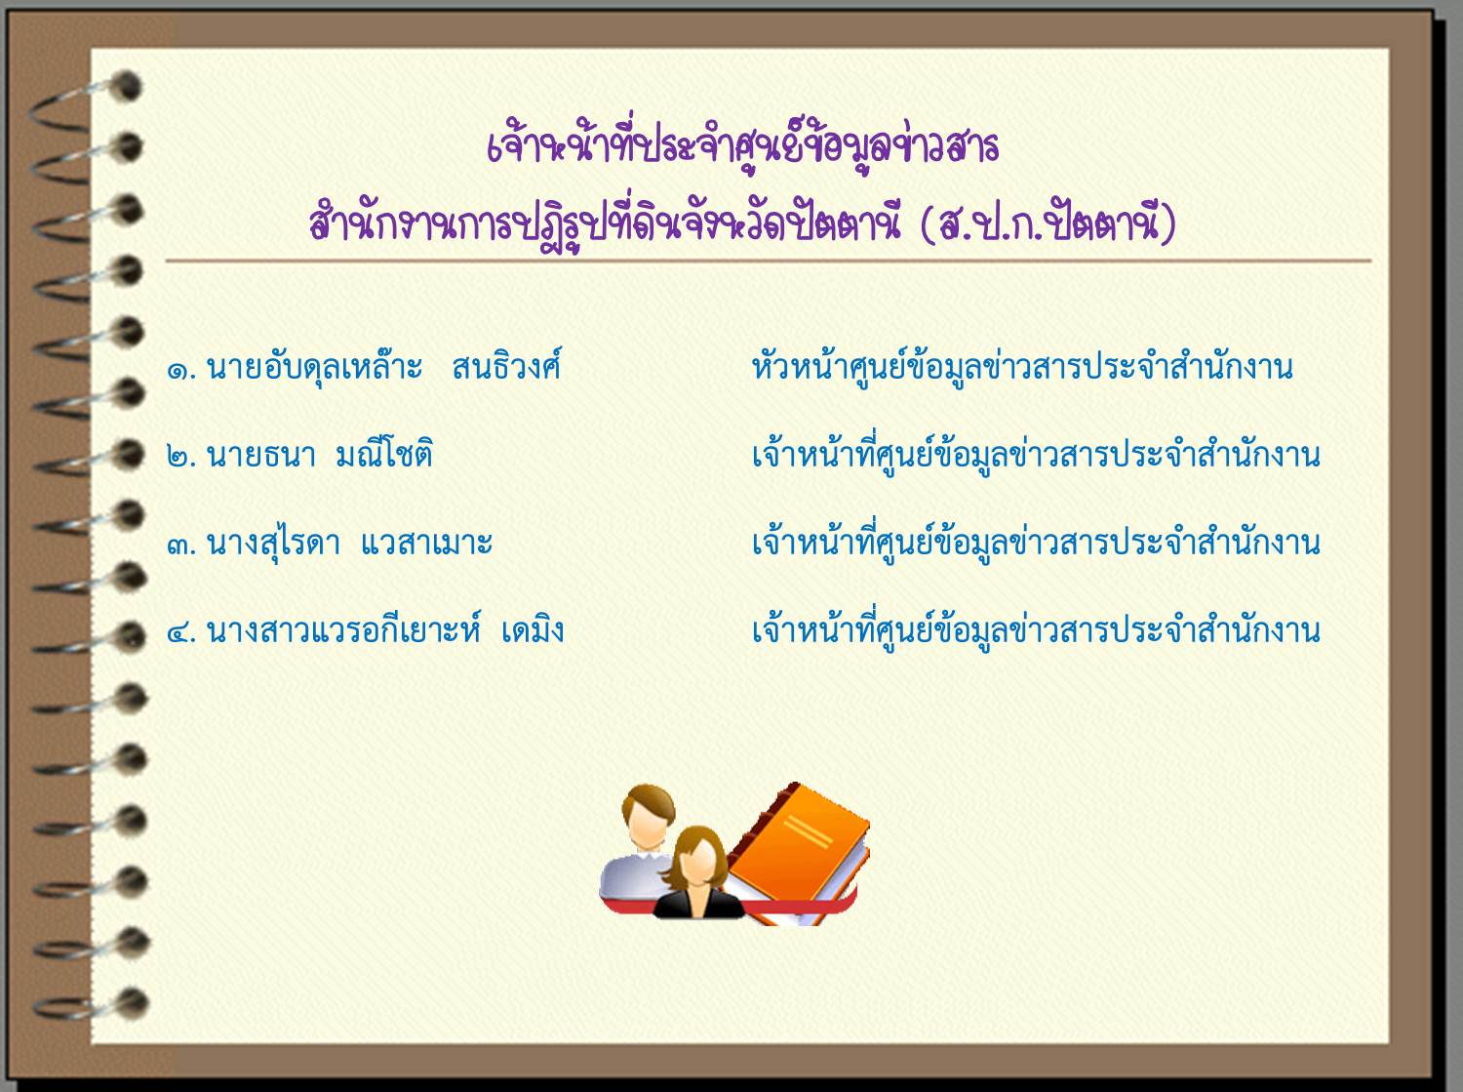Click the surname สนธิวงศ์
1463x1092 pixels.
[506, 365]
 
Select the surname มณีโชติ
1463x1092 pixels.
[384, 454]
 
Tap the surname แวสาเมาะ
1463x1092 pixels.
[426, 544]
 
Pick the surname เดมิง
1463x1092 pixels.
[533, 629]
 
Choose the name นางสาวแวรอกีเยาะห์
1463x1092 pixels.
[343, 629]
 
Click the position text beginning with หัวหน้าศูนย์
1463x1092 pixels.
[1022, 367]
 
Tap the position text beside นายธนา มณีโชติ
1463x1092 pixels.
[1036, 455]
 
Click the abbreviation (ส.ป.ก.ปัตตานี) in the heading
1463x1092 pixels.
[1048, 222]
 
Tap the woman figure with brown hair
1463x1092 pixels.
[697, 873]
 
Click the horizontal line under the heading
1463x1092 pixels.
[768, 261]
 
